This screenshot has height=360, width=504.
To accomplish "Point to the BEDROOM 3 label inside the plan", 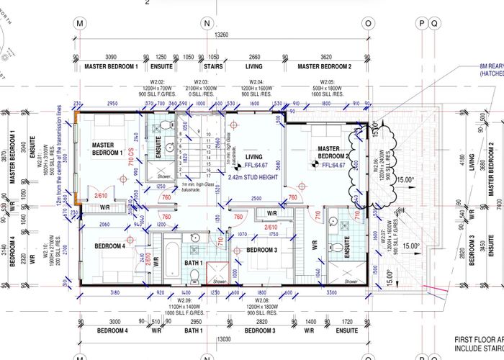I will pyautogui.click(x=261, y=250).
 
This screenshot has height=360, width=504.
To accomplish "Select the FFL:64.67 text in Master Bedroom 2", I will pyautogui.click(x=333, y=166).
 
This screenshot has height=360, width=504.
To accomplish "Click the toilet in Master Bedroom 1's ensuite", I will pyautogui.click(x=164, y=127).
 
